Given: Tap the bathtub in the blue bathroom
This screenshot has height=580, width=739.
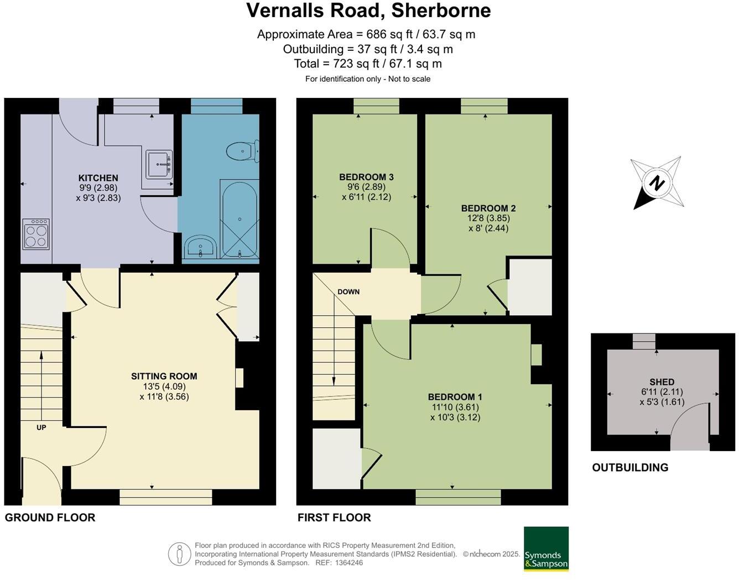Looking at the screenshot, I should (240, 219).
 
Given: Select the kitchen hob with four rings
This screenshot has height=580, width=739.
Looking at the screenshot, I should (36, 234).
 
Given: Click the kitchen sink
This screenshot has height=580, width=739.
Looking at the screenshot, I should (159, 164).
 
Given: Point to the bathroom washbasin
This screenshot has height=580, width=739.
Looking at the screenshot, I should (200, 247).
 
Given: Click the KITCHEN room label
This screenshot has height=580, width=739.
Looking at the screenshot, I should (98, 178).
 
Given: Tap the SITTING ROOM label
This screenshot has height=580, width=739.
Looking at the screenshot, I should (164, 376).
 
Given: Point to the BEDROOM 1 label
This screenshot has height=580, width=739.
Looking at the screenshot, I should (455, 397).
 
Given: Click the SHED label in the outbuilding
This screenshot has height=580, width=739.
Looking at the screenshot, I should (662, 382).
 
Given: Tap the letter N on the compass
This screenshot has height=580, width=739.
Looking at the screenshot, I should (657, 183).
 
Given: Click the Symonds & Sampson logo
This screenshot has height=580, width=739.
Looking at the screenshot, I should (546, 548).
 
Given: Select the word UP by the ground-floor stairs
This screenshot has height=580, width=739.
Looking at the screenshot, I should (41, 427).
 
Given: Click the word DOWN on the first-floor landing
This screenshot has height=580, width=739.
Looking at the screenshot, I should (348, 292).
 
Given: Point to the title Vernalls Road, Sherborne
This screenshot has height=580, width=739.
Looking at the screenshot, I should (368, 11).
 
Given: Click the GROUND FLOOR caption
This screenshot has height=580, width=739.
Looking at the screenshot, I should (50, 518).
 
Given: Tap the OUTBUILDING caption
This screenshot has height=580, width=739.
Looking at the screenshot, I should (630, 468).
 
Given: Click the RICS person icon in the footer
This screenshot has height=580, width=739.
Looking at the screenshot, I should (179, 554).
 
